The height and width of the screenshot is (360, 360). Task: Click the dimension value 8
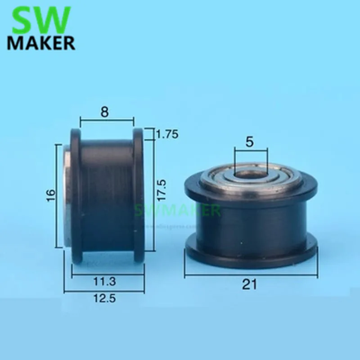pos(105,112)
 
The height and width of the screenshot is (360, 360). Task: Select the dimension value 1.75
pos(167,134)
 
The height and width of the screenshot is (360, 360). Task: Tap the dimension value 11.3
pos(105,282)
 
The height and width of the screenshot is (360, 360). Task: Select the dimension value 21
pos(250,284)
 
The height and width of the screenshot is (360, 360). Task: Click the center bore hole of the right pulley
pos(250,173)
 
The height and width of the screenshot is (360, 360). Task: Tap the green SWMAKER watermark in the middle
pos(178,210)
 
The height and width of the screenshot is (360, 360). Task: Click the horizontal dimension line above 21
pos(250,274)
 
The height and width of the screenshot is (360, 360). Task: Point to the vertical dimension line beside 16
pos(57,196)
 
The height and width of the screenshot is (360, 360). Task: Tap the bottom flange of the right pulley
pos(250,259)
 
